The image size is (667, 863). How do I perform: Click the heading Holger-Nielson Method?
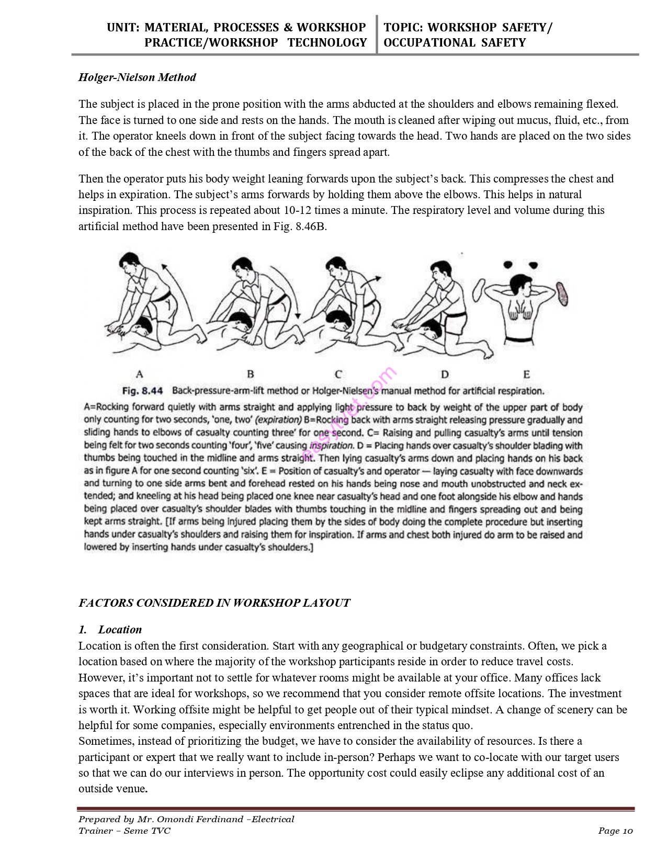[137, 77]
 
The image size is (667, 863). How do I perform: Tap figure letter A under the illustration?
[139, 374]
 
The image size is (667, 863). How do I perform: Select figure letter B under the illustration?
[250, 374]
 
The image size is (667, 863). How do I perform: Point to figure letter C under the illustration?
[338, 374]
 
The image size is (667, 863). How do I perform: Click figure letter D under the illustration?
[445, 374]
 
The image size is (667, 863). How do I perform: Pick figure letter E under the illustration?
[526, 374]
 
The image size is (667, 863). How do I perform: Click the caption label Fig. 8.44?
[142, 391]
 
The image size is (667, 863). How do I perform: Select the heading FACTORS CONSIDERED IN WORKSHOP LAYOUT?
[214, 603]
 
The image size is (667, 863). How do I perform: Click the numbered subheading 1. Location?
[110, 629]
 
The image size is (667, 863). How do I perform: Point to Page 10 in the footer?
[616, 831]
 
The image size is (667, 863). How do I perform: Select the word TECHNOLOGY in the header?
[327, 43]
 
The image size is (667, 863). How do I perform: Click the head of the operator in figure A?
[127, 262]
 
